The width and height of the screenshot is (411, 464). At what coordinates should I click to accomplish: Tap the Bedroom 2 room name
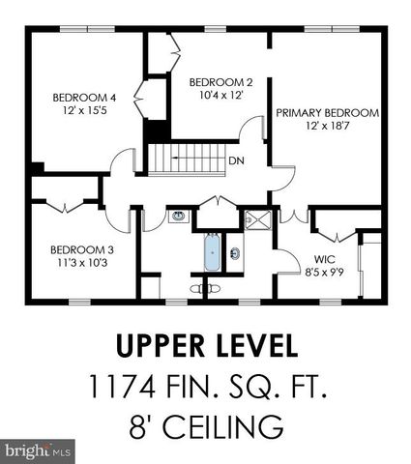click(x=220, y=82)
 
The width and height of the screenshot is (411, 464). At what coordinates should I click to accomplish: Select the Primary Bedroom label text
click(x=327, y=113)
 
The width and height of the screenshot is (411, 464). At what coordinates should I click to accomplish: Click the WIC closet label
click(x=324, y=259)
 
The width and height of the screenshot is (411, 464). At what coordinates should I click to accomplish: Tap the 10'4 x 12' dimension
click(x=220, y=96)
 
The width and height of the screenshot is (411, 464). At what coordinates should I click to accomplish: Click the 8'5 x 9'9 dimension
click(x=324, y=273)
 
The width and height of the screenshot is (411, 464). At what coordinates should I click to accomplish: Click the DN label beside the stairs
click(x=235, y=161)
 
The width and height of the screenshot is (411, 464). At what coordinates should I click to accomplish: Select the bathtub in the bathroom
click(x=212, y=254)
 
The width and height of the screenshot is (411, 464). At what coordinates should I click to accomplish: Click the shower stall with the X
click(x=257, y=217)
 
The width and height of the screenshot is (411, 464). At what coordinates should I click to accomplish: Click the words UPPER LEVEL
click(x=206, y=345)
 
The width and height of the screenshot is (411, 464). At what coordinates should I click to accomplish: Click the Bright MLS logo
click(x=37, y=450)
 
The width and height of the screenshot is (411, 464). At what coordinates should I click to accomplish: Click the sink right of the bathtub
click(x=235, y=256)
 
